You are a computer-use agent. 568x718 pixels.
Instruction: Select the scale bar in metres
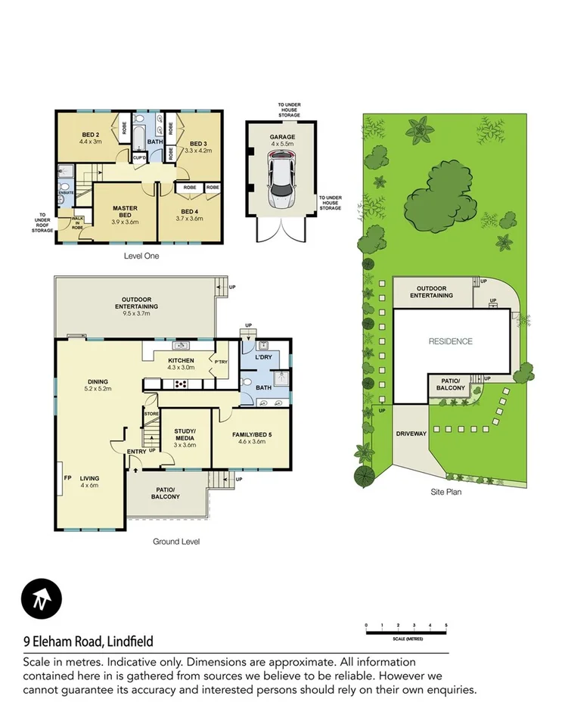[x=406, y=627]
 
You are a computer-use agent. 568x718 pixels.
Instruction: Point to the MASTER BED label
[x=124, y=211]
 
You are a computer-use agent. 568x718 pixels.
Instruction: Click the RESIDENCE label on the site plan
[x=451, y=341]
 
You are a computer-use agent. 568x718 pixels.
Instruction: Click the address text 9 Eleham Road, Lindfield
[x=88, y=642]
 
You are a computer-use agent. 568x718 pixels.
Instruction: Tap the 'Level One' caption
[x=141, y=256]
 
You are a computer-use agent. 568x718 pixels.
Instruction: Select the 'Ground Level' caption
[x=175, y=541]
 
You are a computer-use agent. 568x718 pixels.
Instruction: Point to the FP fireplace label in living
[x=67, y=478]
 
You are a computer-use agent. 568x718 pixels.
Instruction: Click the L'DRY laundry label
[x=263, y=356]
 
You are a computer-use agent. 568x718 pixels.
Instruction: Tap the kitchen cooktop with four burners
[x=182, y=384]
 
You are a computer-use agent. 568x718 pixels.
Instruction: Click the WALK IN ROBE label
[x=77, y=222]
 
